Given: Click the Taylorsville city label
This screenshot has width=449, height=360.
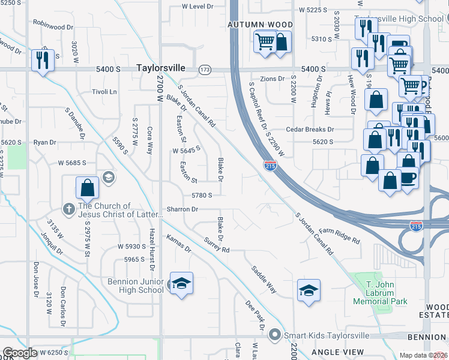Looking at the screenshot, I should (160, 68).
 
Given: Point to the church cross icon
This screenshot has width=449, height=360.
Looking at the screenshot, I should (69, 209).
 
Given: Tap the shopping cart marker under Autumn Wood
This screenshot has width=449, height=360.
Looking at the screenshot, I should (264, 43).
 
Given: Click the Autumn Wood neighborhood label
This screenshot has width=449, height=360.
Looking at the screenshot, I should (260, 25).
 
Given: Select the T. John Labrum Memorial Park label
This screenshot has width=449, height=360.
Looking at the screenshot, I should (379, 297).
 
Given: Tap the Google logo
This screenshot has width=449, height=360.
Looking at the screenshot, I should (20, 353).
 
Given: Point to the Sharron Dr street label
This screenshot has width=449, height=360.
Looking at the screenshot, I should (182, 209).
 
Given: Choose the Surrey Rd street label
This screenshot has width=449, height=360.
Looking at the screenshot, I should (217, 245).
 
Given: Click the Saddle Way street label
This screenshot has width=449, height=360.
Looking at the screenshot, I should (264, 280).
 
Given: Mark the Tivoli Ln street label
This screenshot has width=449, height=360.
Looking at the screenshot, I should (104, 91).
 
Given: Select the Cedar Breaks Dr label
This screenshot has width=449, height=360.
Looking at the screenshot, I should (310, 129).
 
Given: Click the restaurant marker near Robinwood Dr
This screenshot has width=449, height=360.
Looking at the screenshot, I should (43, 60).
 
